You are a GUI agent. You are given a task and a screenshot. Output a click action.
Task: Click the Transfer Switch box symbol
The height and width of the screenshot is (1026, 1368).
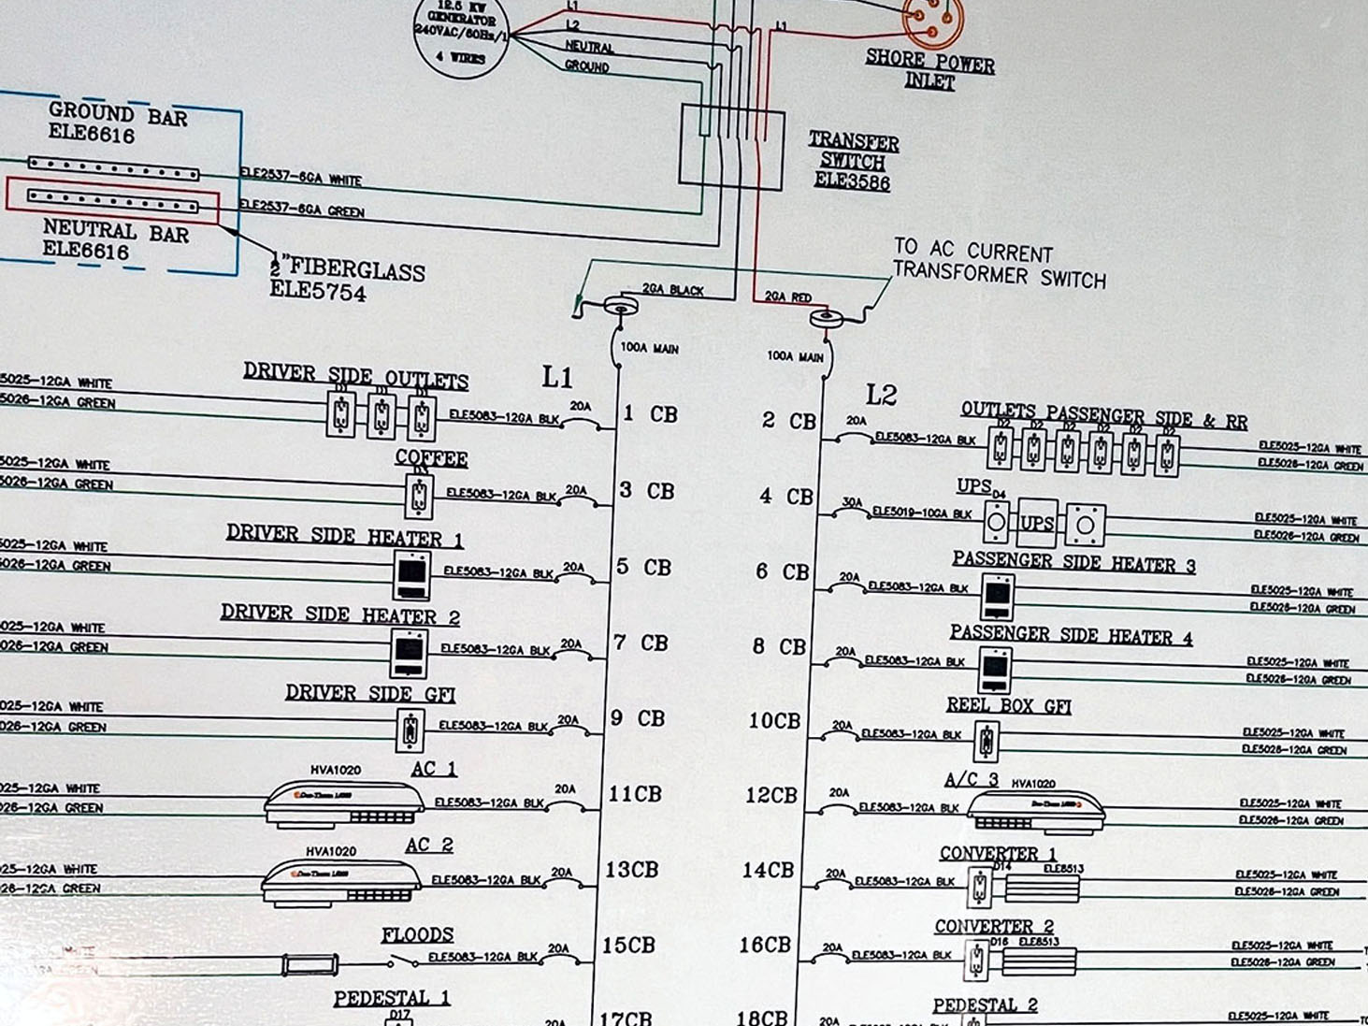pyautogui.click(x=730, y=147)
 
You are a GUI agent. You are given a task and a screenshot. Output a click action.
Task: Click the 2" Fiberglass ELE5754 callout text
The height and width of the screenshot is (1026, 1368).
pyautogui.click(x=348, y=281)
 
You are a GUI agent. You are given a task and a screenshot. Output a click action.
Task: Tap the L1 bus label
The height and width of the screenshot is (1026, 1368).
pyautogui.click(x=557, y=377)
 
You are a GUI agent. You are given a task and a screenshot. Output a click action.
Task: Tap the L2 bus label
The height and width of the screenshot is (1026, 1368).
pyautogui.click(x=881, y=395)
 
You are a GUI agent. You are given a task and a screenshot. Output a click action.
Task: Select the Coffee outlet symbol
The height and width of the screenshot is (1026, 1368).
pyautogui.click(x=419, y=495)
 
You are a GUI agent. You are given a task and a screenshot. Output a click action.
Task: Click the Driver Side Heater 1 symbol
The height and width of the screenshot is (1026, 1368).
pyautogui.click(x=411, y=574)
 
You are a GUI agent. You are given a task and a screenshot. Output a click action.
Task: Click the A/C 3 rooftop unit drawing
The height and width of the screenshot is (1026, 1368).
pyautogui.click(x=1034, y=810)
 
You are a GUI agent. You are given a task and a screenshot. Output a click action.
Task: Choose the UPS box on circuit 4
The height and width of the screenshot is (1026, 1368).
pyautogui.click(x=1036, y=524)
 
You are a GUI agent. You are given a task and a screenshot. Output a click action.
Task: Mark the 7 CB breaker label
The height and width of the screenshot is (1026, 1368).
pyautogui.click(x=641, y=643)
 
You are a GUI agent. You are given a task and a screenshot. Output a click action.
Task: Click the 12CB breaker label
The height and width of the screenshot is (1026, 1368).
pyautogui.click(x=770, y=795)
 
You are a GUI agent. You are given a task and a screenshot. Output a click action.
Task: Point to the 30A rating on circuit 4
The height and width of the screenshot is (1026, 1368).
pyautogui.click(x=852, y=502)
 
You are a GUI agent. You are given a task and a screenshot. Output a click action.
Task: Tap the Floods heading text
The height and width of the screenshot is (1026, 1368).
pyautogui.click(x=417, y=934)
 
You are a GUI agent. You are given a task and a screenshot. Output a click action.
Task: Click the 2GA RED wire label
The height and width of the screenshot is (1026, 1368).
pyautogui.click(x=788, y=296)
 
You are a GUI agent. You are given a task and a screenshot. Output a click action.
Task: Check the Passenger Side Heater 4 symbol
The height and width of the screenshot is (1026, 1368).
pyautogui.click(x=995, y=671)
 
